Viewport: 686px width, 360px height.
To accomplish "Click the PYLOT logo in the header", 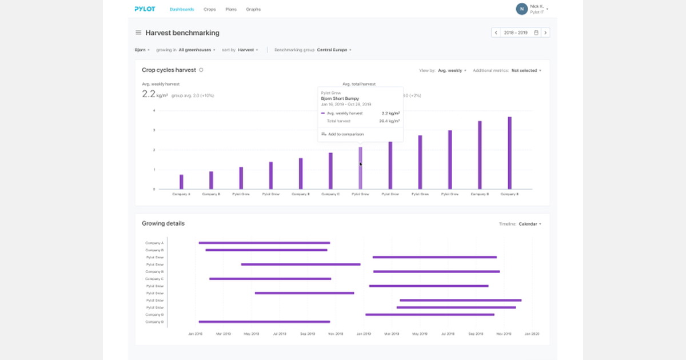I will coord(145,9).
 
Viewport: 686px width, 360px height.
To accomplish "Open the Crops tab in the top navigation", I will coord(209,9).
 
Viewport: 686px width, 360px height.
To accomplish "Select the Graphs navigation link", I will coord(253,9).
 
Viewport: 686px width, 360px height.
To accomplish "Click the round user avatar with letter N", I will coord(521,9).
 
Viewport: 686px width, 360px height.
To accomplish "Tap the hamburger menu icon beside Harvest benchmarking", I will coord(138,33).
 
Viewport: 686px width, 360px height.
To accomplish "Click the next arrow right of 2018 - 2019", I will coord(545,33).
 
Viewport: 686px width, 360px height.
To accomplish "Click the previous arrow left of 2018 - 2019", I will coord(496,33).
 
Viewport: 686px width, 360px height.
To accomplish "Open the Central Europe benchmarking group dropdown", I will coord(334,50).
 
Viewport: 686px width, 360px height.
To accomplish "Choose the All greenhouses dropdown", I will coord(197,50).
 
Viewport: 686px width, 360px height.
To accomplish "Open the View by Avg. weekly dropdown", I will coord(452,70).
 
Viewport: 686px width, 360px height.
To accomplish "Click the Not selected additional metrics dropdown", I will coord(526,70).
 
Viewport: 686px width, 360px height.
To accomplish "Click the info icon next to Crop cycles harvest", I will coord(201,70).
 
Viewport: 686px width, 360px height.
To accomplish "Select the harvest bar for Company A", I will coord(181,182).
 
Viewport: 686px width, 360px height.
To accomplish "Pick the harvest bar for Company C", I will coord(330,171).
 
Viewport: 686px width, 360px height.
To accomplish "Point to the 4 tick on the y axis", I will coord(154,110).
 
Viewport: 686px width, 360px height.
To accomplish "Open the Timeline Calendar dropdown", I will coord(529,224).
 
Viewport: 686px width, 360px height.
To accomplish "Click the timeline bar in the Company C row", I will coord(270,279).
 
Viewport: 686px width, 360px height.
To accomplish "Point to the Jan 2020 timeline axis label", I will coord(532,334).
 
